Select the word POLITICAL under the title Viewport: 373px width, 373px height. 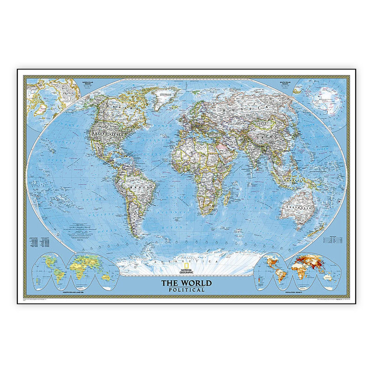pos(186,290)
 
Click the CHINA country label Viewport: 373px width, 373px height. pos(266,135)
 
